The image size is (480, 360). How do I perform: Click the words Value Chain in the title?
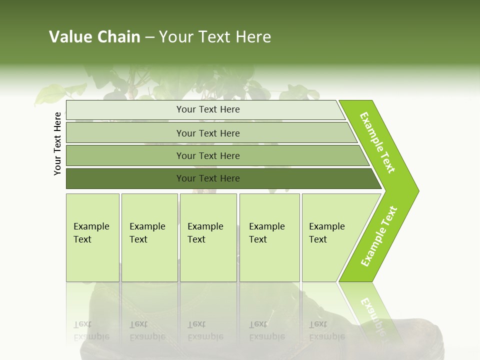(94, 37)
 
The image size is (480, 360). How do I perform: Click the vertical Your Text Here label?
(57, 143)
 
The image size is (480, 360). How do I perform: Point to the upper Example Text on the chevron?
(377, 142)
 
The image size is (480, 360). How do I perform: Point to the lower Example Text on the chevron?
(378, 236)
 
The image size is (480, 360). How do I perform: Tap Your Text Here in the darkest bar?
(208, 178)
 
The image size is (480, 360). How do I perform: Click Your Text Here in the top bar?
(208, 109)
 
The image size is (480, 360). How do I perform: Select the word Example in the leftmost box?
(91, 226)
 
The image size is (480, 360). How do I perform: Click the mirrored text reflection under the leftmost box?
(91, 330)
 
